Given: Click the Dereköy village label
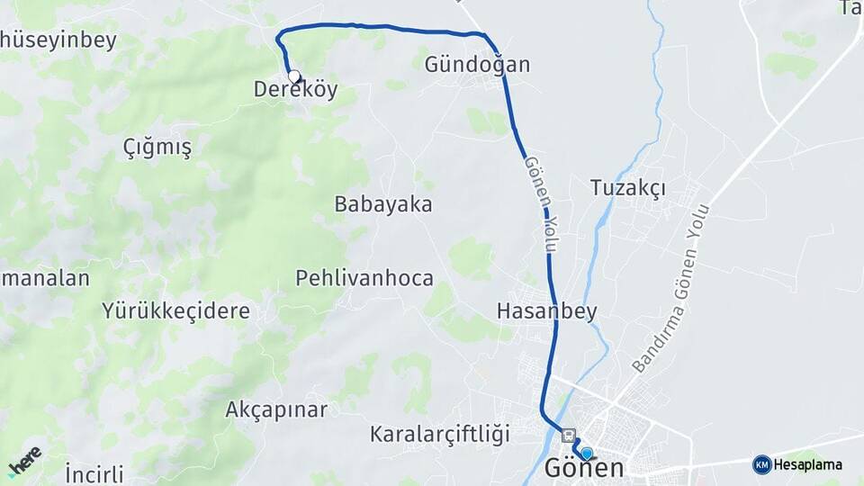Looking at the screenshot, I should pyautogui.click(x=295, y=89).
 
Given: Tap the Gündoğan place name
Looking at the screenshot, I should pyautogui.click(x=477, y=65).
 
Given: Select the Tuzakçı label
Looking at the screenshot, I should pyautogui.click(x=627, y=188).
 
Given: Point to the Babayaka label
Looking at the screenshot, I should pyautogui.click(x=383, y=204).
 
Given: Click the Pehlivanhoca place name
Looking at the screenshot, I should pyautogui.click(x=364, y=278).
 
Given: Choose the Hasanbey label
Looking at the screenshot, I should pyautogui.click(x=546, y=311).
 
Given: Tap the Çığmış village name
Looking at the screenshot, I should pyautogui.click(x=157, y=148).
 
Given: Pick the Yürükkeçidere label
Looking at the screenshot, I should pyautogui.click(x=175, y=311).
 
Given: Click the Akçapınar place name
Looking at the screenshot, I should pyautogui.click(x=276, y=409).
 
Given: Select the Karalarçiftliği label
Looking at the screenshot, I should pyautogui.click(x=439, y=434).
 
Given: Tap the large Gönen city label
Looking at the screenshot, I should pyautogui.click(x=584, y=469).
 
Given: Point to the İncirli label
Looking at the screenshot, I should pyautogui.click(x=94, y=473).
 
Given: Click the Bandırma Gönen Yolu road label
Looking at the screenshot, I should pyautogui.click(x=670, y=289).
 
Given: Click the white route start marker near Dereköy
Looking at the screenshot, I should pyautogui.click(x=293, y=76).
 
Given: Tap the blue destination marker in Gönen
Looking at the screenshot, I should pyautogui.click(x=587, y=454).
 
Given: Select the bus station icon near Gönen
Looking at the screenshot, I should pyautogui.click(x=568, y=436).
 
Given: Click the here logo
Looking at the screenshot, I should pyautogui.click(x=24, y=461).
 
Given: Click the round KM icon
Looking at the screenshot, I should pyautogui.click(x=761, y=464).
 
